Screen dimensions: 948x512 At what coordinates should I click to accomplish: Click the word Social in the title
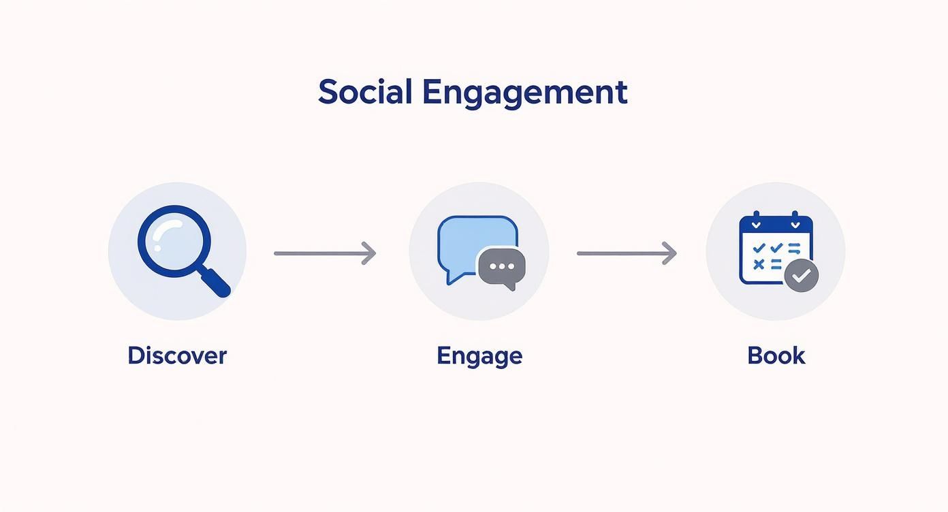click(x=365, y=91)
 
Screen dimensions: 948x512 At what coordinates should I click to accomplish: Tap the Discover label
click(x=177, y=355)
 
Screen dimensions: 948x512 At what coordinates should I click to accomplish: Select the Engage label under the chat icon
click(x=479, y=356)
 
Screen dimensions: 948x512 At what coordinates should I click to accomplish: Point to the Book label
click(x=776, y=355)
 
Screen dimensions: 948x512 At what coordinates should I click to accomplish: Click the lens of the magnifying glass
click(x=174, y=241)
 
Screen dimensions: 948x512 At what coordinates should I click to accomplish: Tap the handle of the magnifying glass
click(x=215, y=281)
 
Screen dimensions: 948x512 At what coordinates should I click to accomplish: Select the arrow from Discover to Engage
click(x=325, y=253)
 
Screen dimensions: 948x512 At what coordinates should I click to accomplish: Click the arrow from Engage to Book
click(x=627, y=253)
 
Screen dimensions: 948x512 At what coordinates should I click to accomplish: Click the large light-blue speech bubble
click(x=470, y=241)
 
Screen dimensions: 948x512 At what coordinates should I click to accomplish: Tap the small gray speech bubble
click(x=502, y=268)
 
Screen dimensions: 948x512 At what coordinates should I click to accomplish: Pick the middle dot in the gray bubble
click(x=502, y=266)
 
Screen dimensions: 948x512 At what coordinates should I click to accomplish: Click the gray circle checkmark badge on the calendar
click(x=801, y=276)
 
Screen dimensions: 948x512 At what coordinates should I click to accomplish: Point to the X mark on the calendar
click(x=759, y=264)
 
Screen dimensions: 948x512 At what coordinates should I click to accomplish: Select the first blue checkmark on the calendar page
click(x=759, y=248)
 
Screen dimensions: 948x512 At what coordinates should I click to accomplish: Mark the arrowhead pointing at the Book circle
click(x=670, y=253)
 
